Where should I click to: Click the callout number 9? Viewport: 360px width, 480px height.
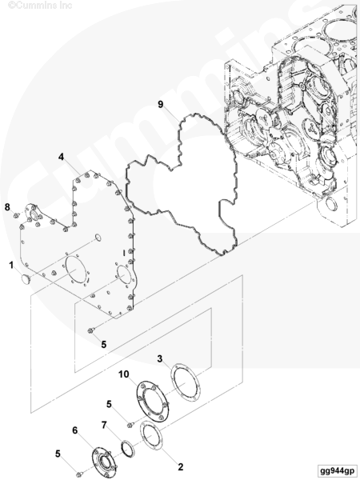coord(161,104)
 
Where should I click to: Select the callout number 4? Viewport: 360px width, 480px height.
coord(62,157)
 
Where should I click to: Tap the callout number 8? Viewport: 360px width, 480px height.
coord(7,207)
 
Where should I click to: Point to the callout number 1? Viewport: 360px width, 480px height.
coord(11,265)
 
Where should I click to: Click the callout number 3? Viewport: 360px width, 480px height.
coord(160,358)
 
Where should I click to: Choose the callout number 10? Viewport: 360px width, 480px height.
coord(124,374)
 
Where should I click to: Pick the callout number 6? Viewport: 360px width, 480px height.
coord(75,430)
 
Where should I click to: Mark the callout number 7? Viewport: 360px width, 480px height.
coord(104,425)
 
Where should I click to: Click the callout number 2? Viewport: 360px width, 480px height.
coord(181,467)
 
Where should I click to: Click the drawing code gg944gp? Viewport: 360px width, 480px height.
coord(337,470)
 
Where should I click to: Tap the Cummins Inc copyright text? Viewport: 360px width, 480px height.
coord(40,6)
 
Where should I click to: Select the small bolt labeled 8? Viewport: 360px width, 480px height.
coord(16,216)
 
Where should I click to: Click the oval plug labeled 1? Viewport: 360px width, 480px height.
coord(25,279)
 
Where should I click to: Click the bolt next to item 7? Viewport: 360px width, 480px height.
coord(130,425)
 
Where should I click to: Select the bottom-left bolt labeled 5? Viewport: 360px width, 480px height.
coord(79,474)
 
